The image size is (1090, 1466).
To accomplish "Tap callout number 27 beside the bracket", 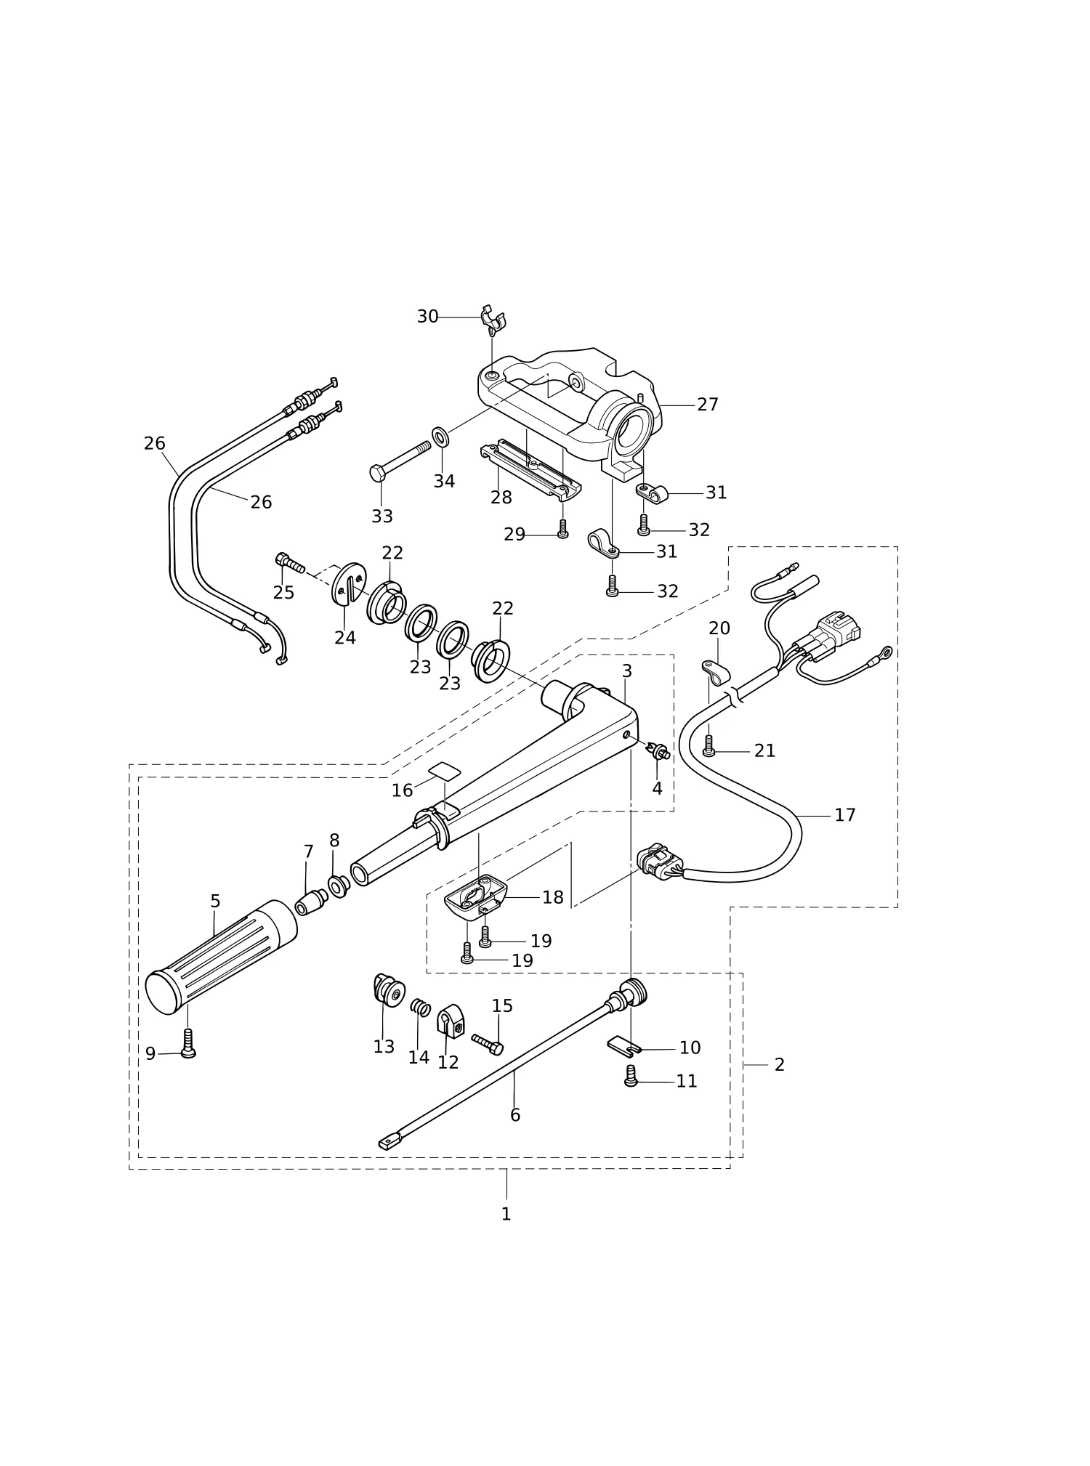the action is click(707, 405).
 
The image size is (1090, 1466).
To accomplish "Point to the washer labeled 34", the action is click(440, 435).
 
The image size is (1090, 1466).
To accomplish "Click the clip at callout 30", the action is click(493, 320).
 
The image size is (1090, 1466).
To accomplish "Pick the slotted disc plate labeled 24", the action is click(350, 583).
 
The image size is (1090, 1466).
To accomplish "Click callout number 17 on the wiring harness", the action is click(844, 815).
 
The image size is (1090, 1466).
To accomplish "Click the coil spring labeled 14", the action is click(421, 1008).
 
